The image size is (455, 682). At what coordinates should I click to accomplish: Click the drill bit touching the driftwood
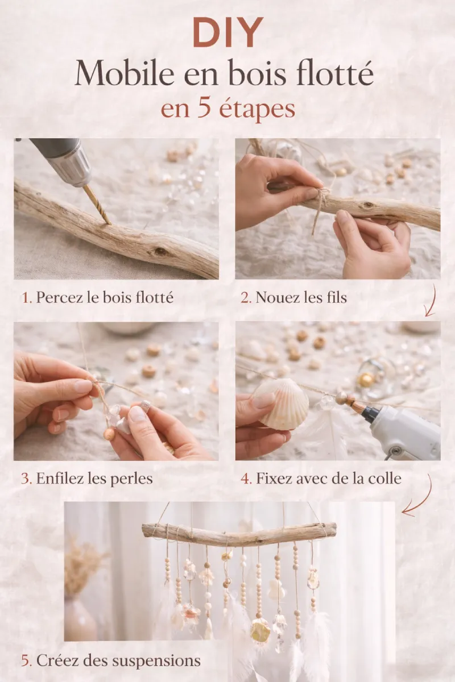pyautogui.click(x=97, y=203)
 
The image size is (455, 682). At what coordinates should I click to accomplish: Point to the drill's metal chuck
pyautogui.click(x=74, y=168)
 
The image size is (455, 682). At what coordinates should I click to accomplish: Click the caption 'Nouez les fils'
pyautogui.click(x=301, y=297)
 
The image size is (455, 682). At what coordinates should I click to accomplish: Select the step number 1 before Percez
pyautogui.click(x=25, y=298)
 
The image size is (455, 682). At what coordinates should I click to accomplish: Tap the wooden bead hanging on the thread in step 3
pyautogui.click(x=109, y=434)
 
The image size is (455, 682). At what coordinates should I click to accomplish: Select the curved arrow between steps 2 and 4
pyautogui.click(x=431, y=301)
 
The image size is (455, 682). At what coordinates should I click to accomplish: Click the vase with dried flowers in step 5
pyautogui.click(x=80, y=617)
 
